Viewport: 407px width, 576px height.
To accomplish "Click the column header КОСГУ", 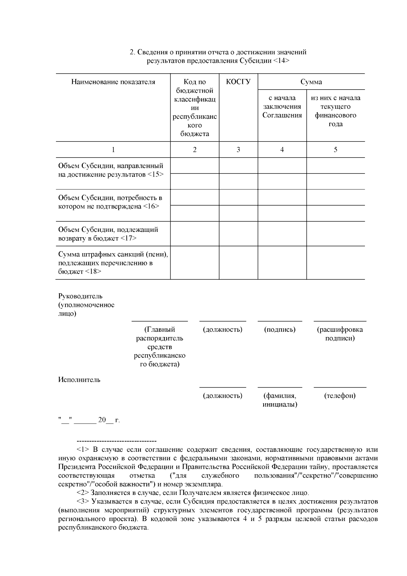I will [238, 82].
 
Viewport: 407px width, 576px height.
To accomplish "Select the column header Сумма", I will [311, 82].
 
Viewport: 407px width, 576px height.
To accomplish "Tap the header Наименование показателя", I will [113, 82].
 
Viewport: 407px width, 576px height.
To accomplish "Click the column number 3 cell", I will [238, 150].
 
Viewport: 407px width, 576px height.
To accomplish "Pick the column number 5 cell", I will [335, 150].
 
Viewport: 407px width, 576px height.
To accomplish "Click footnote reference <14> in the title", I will [281, 61].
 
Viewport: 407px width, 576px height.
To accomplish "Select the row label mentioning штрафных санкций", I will [113, 263].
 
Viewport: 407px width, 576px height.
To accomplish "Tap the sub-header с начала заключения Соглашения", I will [282, 107].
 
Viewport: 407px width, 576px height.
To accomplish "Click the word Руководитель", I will [80, 296].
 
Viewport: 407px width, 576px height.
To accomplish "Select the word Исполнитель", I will [79, 379].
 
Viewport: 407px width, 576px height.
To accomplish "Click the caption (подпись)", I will [279, 330].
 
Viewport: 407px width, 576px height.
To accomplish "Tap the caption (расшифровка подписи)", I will [340, 334].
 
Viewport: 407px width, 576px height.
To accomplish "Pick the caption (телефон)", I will [340, 396].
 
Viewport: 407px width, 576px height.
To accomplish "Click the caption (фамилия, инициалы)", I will [280, 400].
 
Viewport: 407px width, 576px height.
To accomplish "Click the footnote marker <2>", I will [83, 493].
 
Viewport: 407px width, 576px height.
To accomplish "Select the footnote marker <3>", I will [83, 502].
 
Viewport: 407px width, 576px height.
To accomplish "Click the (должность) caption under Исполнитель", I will [222, 396].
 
